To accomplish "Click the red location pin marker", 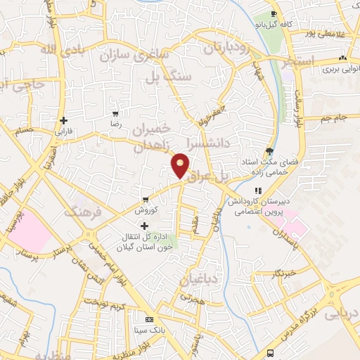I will point(181,166).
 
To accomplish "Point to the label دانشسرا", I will point(208,143).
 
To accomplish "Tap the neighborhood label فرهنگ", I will point(84,211).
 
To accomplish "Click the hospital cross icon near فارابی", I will point(65,120).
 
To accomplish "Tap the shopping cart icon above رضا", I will point(115,113).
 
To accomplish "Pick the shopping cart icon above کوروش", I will point(145,199).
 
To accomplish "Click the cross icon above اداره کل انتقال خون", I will point(145,226).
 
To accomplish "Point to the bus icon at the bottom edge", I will point(271,353).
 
